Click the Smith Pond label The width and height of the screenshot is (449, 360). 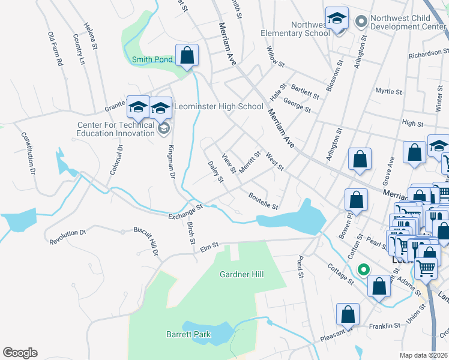(152, 59)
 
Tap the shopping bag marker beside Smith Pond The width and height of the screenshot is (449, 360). (187, 55)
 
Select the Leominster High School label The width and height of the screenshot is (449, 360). (218, 107)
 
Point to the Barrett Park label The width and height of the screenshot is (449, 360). (184, 334)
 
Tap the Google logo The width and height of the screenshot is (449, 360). (20, 353)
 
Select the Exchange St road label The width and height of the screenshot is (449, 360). (187, 211)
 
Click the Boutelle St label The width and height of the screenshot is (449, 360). (263, 200)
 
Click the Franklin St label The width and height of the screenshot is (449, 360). (385, 326)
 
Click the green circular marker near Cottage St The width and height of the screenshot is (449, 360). (362, 269)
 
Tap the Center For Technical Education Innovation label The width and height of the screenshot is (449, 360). (116, 129)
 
